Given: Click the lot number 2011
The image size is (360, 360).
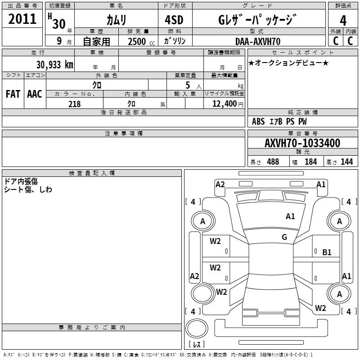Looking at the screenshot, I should click(22, 19).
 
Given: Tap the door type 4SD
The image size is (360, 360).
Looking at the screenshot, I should click(175, 20).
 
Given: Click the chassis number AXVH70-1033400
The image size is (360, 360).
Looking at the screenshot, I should click(302, 143).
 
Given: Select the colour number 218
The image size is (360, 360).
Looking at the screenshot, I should click(74, 104).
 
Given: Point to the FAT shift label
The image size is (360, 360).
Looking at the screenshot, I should click(13, 94).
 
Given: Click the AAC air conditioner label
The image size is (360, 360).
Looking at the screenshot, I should click(35, 94).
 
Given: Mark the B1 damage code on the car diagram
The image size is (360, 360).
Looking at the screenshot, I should click(327, 252).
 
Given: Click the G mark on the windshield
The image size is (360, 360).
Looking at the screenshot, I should click(284, 237).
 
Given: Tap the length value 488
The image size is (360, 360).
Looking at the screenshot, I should click(273, 162).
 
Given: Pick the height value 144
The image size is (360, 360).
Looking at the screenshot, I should click(346, 162).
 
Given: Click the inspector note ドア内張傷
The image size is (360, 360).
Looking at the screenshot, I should click(21, 181).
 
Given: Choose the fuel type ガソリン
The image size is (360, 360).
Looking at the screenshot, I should click(175, 41).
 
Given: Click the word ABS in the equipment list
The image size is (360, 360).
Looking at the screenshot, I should click(258, 121).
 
